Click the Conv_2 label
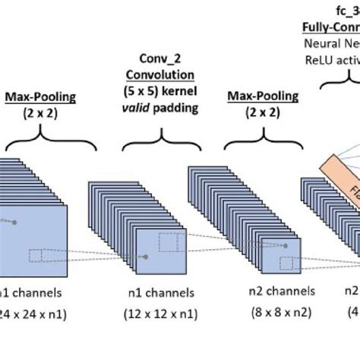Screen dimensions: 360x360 click(164, 59)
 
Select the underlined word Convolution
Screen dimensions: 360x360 click(164, 75)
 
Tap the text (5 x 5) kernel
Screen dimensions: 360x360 click(164, 90)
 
